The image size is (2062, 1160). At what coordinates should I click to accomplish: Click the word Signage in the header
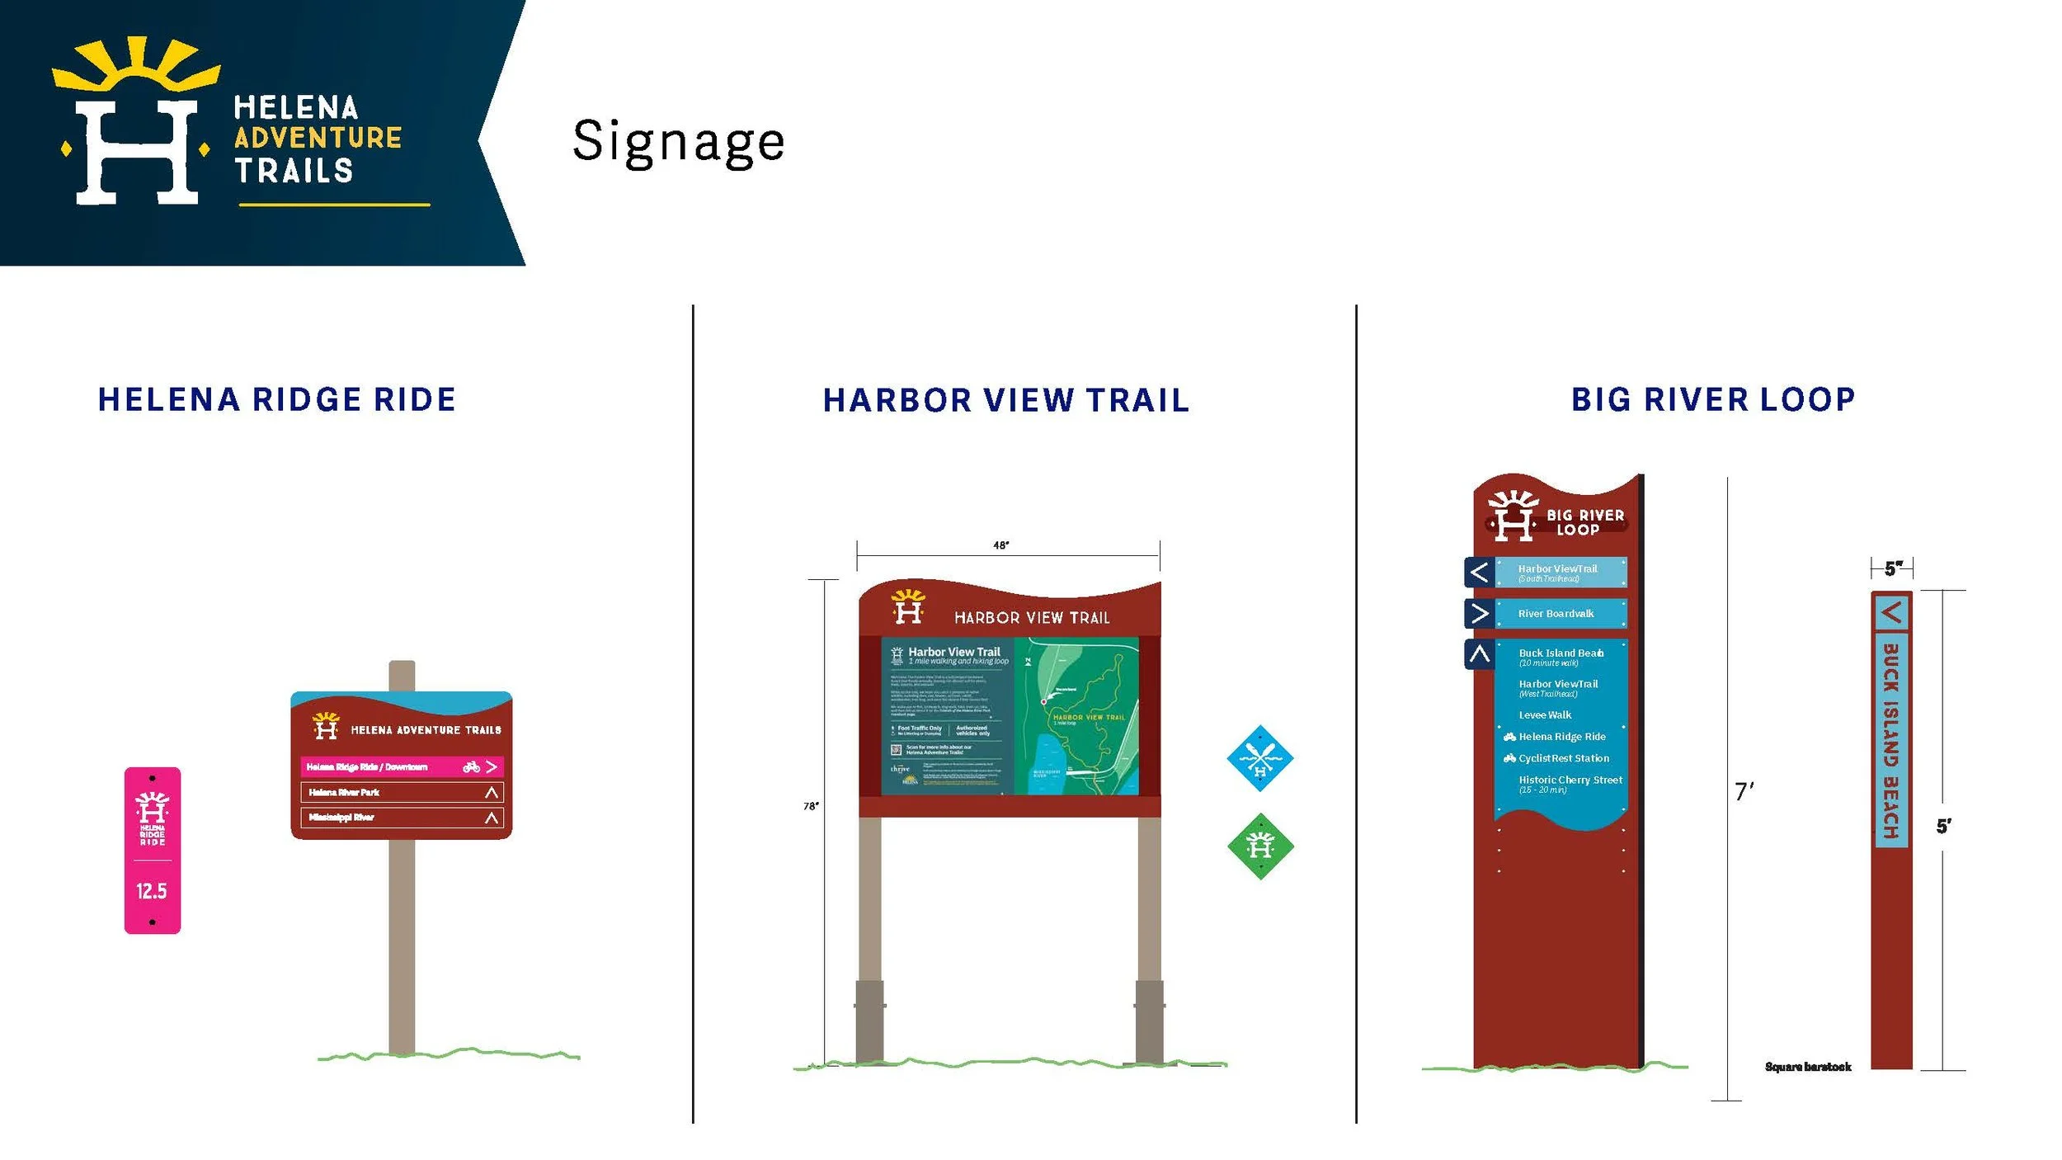(678, 142)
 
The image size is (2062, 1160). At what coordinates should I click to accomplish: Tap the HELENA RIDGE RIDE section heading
(276, 399)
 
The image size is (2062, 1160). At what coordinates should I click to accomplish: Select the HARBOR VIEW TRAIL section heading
(1006, 400)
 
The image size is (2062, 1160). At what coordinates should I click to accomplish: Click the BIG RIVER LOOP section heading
(1713, 399)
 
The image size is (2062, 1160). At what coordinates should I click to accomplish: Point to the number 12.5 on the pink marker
(152, 891)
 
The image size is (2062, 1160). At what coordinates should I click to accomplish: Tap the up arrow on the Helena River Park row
(492, 792)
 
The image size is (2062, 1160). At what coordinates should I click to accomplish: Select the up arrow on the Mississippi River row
(492, 818)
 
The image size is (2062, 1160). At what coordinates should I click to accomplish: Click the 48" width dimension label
(1000, 545)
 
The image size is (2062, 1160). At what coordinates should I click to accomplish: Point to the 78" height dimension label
(811, 806)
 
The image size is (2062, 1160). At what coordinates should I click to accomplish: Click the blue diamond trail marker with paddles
(1259, 758)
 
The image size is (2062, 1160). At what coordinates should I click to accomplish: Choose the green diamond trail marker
(1259, 846)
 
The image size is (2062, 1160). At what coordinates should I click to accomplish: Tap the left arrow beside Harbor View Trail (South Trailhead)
(1480, 572)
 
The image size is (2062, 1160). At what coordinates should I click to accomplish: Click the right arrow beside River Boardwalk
(1480, 613)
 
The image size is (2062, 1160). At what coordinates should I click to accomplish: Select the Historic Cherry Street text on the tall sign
(1570, 780)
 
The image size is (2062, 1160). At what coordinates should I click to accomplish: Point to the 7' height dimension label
(1744, 792)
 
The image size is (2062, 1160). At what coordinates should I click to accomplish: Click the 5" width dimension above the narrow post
(1892, 568)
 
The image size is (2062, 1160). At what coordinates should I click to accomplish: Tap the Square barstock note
(1807, 1067)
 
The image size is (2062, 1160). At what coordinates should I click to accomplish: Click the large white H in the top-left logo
(137, 153)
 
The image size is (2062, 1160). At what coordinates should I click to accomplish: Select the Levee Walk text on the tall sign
(1545, 715)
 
